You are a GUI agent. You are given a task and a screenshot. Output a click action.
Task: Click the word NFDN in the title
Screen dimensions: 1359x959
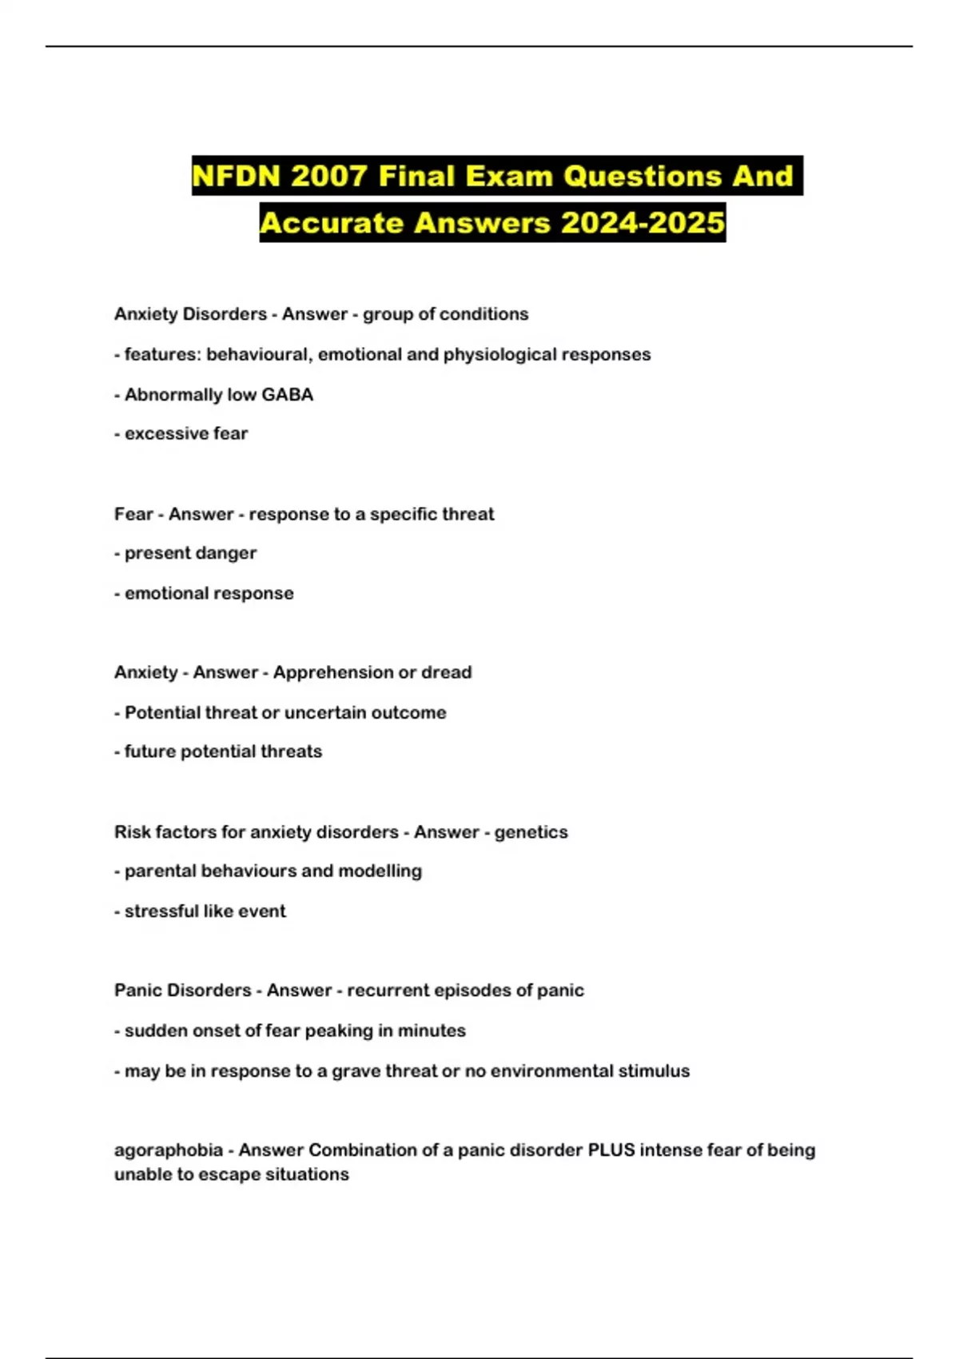click(x=236, y=176)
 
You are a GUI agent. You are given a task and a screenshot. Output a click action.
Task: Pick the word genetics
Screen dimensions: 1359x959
click(x=531, y=832)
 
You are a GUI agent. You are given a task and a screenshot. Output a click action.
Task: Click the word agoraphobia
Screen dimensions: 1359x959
click(x=168, y=1150)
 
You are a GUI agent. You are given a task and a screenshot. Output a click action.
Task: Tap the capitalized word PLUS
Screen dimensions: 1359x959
click(x=611, y=1150)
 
